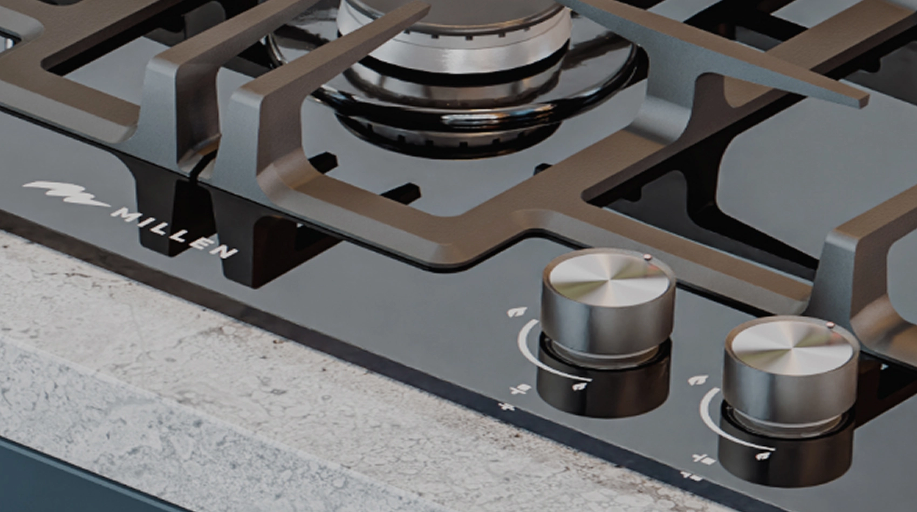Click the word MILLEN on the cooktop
pos(174,232)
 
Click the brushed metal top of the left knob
pos(609,279)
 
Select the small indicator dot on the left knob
pos(647,257)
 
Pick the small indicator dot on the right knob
pos(830,325)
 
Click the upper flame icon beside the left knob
pos(517,312)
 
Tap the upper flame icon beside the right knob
pos(699,380)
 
